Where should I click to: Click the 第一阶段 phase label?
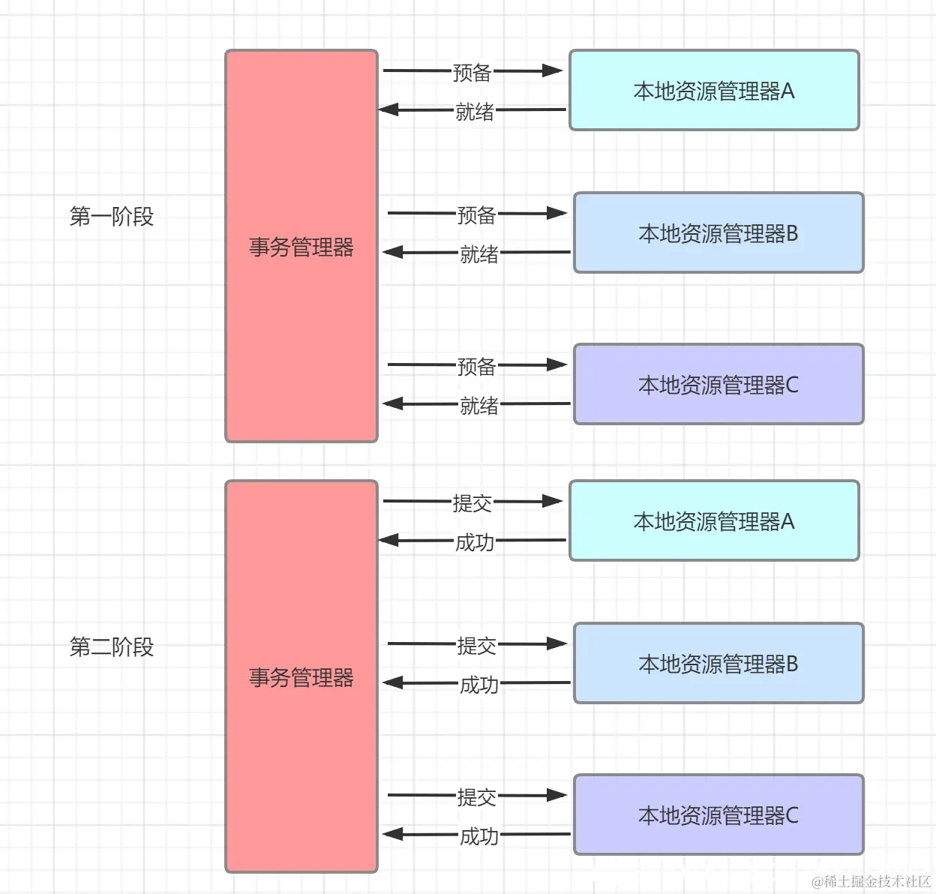(x=111, y=217)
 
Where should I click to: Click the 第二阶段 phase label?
(x=111, y=646)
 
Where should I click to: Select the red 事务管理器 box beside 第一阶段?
(x=301, y=247)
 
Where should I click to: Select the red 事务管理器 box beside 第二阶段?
(x=301, y=676)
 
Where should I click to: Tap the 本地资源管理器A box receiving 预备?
(x=714, y=91)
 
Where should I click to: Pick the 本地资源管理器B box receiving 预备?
(x=718, y=233)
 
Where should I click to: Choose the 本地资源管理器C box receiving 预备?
(x=718, y=385)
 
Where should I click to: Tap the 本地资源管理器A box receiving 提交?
(x=714, y=521)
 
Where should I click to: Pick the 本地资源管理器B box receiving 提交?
(x=718, y=664)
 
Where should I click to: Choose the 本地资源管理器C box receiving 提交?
(x=718, y=815)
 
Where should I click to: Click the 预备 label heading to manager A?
(x=472, y=73)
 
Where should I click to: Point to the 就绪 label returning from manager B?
(x=478, y=254)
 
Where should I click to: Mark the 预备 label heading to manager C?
(x=477, y=367)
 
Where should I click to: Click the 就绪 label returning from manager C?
(x=478, y=406)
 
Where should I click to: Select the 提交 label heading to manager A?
(x=472, y=503)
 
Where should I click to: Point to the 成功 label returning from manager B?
(x=478, y=685)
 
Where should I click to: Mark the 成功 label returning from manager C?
(x=478, y=836)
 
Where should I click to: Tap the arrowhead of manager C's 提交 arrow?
(x=556, y=795)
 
